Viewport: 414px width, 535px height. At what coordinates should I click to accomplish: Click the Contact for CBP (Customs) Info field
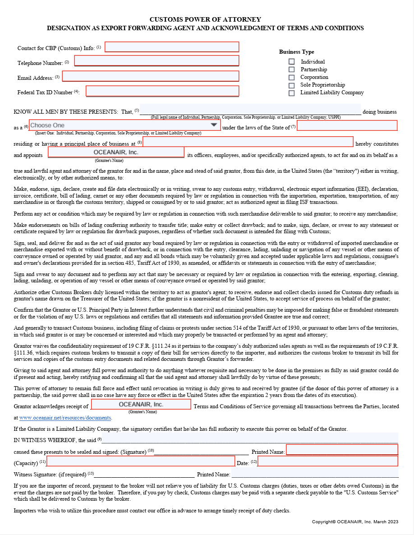(172, 47)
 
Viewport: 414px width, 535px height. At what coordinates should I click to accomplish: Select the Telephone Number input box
(156, 61)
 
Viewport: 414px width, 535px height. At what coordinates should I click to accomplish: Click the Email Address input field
(151, 76)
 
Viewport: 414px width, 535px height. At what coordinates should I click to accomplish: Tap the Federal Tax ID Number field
(162, 91)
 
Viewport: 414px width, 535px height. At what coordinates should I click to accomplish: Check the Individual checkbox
(292, 62)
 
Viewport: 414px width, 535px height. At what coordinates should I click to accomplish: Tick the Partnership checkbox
(292, 69)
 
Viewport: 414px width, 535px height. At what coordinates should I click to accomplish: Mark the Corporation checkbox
(292, 77)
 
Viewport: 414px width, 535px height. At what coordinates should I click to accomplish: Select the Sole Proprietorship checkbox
(292, 85)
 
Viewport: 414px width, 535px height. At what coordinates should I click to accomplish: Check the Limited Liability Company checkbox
(292, 93)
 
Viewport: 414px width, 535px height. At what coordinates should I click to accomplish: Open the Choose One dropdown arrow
(214, 125)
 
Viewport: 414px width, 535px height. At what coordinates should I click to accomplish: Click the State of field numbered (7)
(347, 126)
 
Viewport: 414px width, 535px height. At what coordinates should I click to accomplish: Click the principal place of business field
(248, 142)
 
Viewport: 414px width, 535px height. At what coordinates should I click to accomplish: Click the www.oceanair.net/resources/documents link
(65, 418)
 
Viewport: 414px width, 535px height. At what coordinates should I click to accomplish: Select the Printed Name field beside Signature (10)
(342, 450)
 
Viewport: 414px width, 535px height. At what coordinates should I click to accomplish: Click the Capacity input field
(141, 461)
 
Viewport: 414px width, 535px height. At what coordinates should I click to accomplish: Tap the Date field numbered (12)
(328, 461)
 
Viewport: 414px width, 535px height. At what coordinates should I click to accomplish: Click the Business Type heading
(296, 52)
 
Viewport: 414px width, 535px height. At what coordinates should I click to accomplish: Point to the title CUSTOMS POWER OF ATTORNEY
(205, 19)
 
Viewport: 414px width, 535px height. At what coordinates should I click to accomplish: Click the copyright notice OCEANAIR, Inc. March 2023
(355, 522)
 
